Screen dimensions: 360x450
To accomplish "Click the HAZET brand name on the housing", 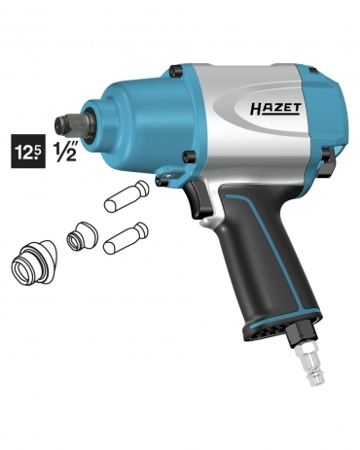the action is pyautogui.click(x=275, y=109).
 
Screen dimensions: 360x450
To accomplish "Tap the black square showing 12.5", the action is pyautogui.click(x=28, y=151).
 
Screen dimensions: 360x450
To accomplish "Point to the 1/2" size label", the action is pyautogui.click(x=65, y=152).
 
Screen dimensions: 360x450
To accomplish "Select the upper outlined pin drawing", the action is pyautogui.click(x=126, y=196).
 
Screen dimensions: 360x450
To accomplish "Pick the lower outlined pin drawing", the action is pyautogui.click(x=126, y=238).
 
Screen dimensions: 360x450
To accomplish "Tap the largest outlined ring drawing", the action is pyautogui.click(x=34, y=262).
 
